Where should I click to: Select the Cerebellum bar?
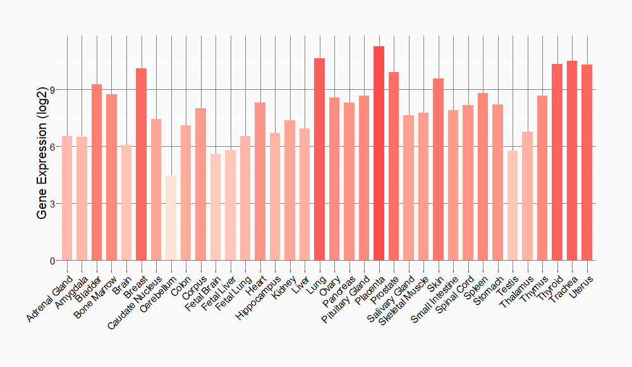click(171, 218)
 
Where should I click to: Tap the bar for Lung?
click(319, 159)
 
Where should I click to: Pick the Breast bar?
click(142, 164)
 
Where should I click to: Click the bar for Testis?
click(512, 205)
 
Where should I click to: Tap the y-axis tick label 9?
click(52, 90)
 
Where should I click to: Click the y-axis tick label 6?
click(52, 147)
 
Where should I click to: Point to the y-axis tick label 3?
click(52, 204)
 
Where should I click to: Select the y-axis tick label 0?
click(52, 261)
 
